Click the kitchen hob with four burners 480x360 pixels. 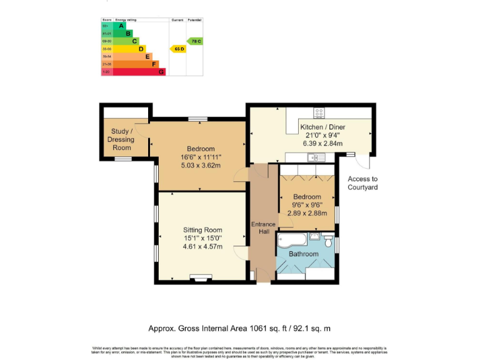(x=319, y=113)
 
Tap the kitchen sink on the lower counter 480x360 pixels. (x=314, y=157)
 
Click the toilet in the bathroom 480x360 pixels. (x=329, y=240)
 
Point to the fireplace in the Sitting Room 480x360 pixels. (x=201, y=279)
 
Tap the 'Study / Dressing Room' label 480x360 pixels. (x=122, y=139)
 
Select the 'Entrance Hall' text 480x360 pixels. (x=262, y=229)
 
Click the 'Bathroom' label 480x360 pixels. (x=303, y=254)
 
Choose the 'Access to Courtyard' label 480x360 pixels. (x=362, y=183)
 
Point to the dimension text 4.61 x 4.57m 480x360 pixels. (x=202, y=246)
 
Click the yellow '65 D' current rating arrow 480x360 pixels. (x=178, y=49)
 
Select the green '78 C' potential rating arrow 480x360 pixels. (x=196, y=41)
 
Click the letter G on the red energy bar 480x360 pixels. (x=161, y=72)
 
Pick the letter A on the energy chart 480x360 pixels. (x=121, y=26)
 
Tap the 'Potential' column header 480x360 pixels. (x=195, y=20)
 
